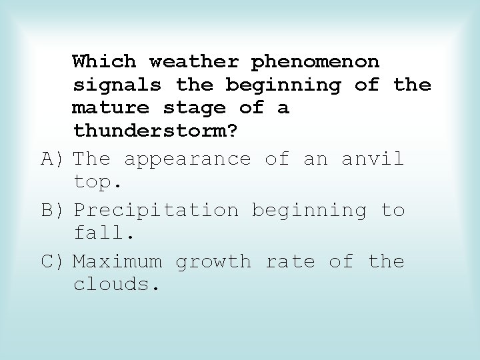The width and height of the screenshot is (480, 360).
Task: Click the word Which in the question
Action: (104, 62)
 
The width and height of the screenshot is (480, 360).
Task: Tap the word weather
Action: (193, 62)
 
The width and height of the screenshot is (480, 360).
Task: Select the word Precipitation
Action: (155, 211)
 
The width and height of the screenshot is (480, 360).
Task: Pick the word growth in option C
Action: (213, 262)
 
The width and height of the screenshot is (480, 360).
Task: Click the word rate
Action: (290, 261)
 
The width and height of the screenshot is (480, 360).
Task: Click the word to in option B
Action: (393, 211)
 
